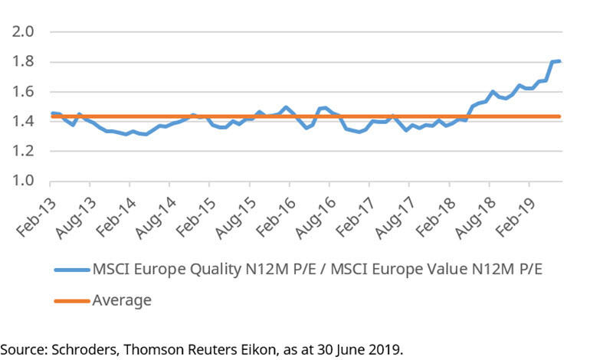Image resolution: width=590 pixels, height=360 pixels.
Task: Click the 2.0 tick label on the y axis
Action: (x=23, y=32)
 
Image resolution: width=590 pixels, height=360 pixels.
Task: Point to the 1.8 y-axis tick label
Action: (x=23, y=62)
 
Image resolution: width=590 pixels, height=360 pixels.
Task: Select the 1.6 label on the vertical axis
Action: (x=23, y=92)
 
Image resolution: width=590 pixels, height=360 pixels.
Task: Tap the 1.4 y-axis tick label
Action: (x=23, y=122)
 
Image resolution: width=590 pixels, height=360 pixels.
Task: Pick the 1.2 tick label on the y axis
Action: (x=23, y=152)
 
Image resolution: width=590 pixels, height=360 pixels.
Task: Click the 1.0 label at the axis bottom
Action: (x=23, y=182)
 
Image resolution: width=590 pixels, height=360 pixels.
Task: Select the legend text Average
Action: (x=122, y=300)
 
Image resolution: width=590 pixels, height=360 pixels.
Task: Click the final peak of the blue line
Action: (x=559, y=61)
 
